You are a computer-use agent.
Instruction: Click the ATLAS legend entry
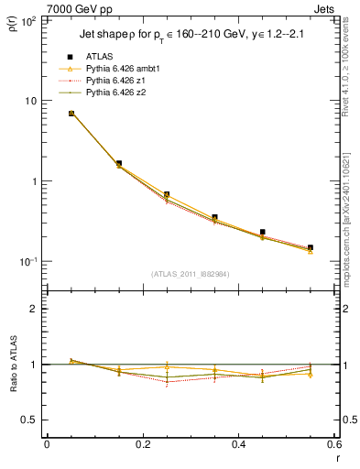point(99,57)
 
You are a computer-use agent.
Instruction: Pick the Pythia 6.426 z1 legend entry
point(115,81)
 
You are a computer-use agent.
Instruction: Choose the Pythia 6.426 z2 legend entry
point(115,93)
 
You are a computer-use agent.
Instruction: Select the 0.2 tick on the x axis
point(143,444)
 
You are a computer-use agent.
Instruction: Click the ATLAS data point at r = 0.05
point(71,114)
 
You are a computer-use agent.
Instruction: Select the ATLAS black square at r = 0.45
point(263,233)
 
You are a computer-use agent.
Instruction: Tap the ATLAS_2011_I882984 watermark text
point(191,273)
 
